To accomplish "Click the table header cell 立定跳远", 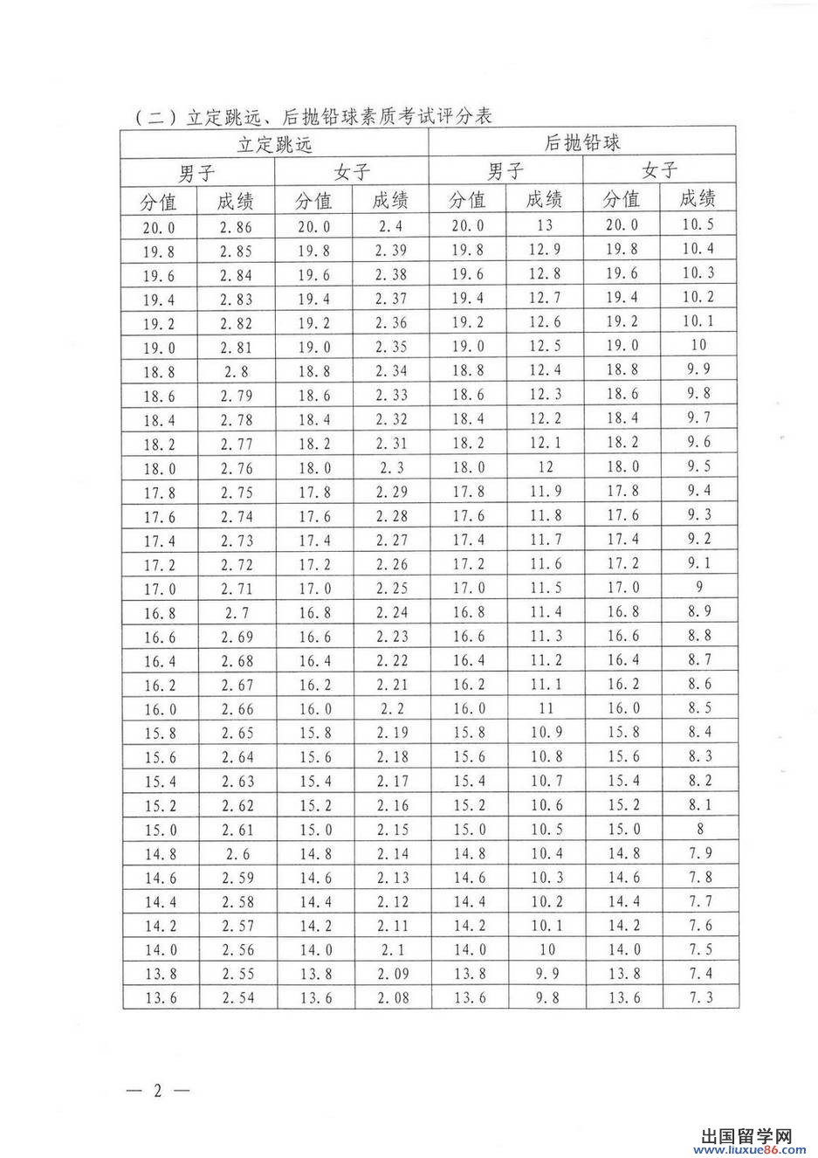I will pos(275,144).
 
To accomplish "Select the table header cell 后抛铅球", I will pos(582,142).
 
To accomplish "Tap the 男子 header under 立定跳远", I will pos(197,171).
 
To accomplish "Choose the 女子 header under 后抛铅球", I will pos(660,169).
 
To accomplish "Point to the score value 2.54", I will pos(237,996).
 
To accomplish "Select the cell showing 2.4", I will pos(391,226).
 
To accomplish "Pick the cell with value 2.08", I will pos(391,996).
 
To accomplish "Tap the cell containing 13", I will pos(545,225).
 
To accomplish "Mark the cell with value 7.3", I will pos(699,996).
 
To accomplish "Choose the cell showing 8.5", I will pos(699,707).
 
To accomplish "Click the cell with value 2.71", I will pos(236,588).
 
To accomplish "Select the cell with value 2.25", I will pos(391,588).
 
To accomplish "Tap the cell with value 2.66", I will pos(236,708).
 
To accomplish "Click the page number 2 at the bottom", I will pos(158,1091).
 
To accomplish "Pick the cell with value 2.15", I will pos(391,829).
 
